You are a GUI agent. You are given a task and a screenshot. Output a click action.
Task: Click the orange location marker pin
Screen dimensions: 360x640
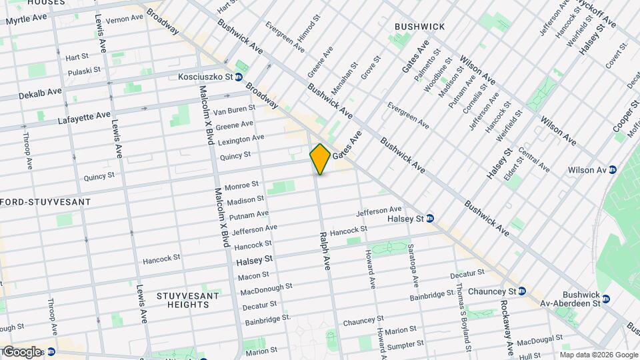pos(320,159)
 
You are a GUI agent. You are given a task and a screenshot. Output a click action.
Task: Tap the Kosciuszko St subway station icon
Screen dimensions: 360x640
pos(239,77)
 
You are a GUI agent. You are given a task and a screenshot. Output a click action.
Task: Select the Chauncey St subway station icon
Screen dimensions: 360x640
pos(521,291)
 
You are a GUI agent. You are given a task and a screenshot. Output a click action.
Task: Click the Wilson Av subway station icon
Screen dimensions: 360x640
pos(613,170)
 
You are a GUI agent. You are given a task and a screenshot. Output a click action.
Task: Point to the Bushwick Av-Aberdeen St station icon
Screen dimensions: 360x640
pos(605,299)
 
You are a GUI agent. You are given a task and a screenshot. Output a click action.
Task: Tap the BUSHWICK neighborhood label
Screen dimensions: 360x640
pos(419,27)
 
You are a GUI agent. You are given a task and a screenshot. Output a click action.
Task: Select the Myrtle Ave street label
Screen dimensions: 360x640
pos(27,19)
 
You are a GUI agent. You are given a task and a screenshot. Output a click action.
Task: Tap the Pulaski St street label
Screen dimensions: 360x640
pos(83,69)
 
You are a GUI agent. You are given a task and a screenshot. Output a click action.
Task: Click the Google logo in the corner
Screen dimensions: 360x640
pos(21,351)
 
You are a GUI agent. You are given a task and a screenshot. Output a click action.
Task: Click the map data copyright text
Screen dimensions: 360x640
pos(598,355)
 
